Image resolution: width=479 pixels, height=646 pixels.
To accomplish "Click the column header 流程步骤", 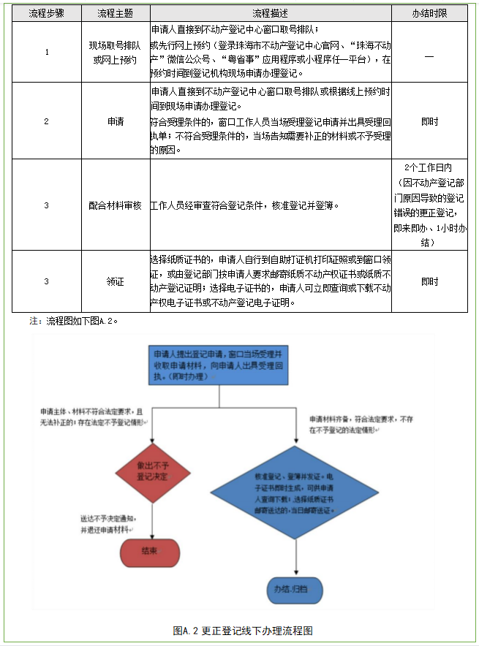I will pos(45,13).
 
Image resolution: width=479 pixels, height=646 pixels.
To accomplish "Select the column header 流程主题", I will pos(114,13).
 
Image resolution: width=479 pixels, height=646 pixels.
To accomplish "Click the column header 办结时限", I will pos(429,13).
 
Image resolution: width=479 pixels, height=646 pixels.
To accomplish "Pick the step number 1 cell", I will pos(45,52).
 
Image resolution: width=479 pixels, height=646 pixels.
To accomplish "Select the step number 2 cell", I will pos(45,121).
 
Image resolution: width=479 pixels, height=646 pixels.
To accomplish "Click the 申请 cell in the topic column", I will pos(114,121).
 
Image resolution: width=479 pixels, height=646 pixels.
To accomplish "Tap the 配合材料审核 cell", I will pos(114,205).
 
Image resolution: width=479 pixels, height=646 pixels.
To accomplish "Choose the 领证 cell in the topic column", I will pos(114,281).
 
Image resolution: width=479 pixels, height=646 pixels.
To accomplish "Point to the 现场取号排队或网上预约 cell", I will pos(114,52).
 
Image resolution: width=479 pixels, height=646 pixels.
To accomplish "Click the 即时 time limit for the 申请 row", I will pos(429,121).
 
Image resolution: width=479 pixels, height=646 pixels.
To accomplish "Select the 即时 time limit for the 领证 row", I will pos(429,281).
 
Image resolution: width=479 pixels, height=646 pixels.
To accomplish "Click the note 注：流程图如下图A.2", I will pos(73,320).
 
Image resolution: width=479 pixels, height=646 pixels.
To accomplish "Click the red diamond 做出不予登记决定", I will pos(152,471).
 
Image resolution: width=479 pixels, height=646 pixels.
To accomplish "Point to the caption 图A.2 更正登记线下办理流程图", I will pos(243,630).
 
